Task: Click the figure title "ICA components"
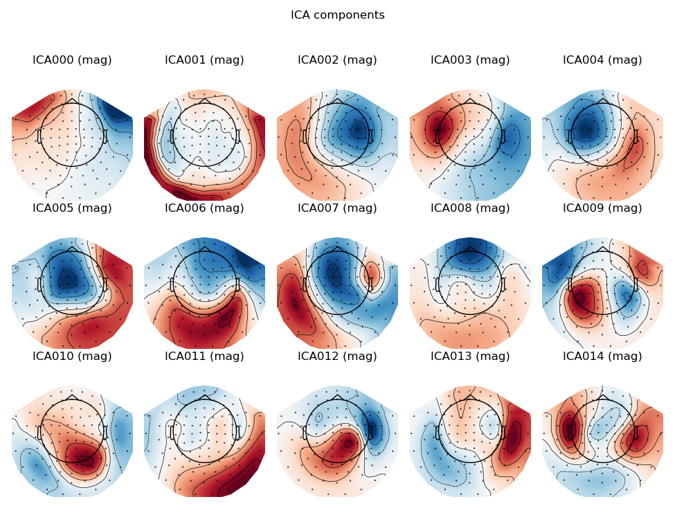[337, 15]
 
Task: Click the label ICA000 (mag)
[72, 60]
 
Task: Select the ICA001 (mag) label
[204, 60]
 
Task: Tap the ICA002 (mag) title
[337, 60]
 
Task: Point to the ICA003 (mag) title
[470, 60]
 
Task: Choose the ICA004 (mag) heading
[602, 60]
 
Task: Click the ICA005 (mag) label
[72, 208]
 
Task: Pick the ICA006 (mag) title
[204, 208]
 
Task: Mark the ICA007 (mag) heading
[337, 208]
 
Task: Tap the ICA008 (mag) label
[470, 208]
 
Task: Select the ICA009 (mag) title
[602, 208]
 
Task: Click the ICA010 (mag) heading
[72, 356]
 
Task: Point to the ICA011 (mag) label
[204, 356]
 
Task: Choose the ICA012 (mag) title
[337, 356]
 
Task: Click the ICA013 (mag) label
[470, 356]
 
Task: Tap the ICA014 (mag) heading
[602, 356]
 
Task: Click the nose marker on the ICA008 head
[470, 249]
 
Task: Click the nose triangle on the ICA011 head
[204, 397]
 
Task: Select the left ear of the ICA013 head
[438, 433]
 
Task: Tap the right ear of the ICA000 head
[105, 136]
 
